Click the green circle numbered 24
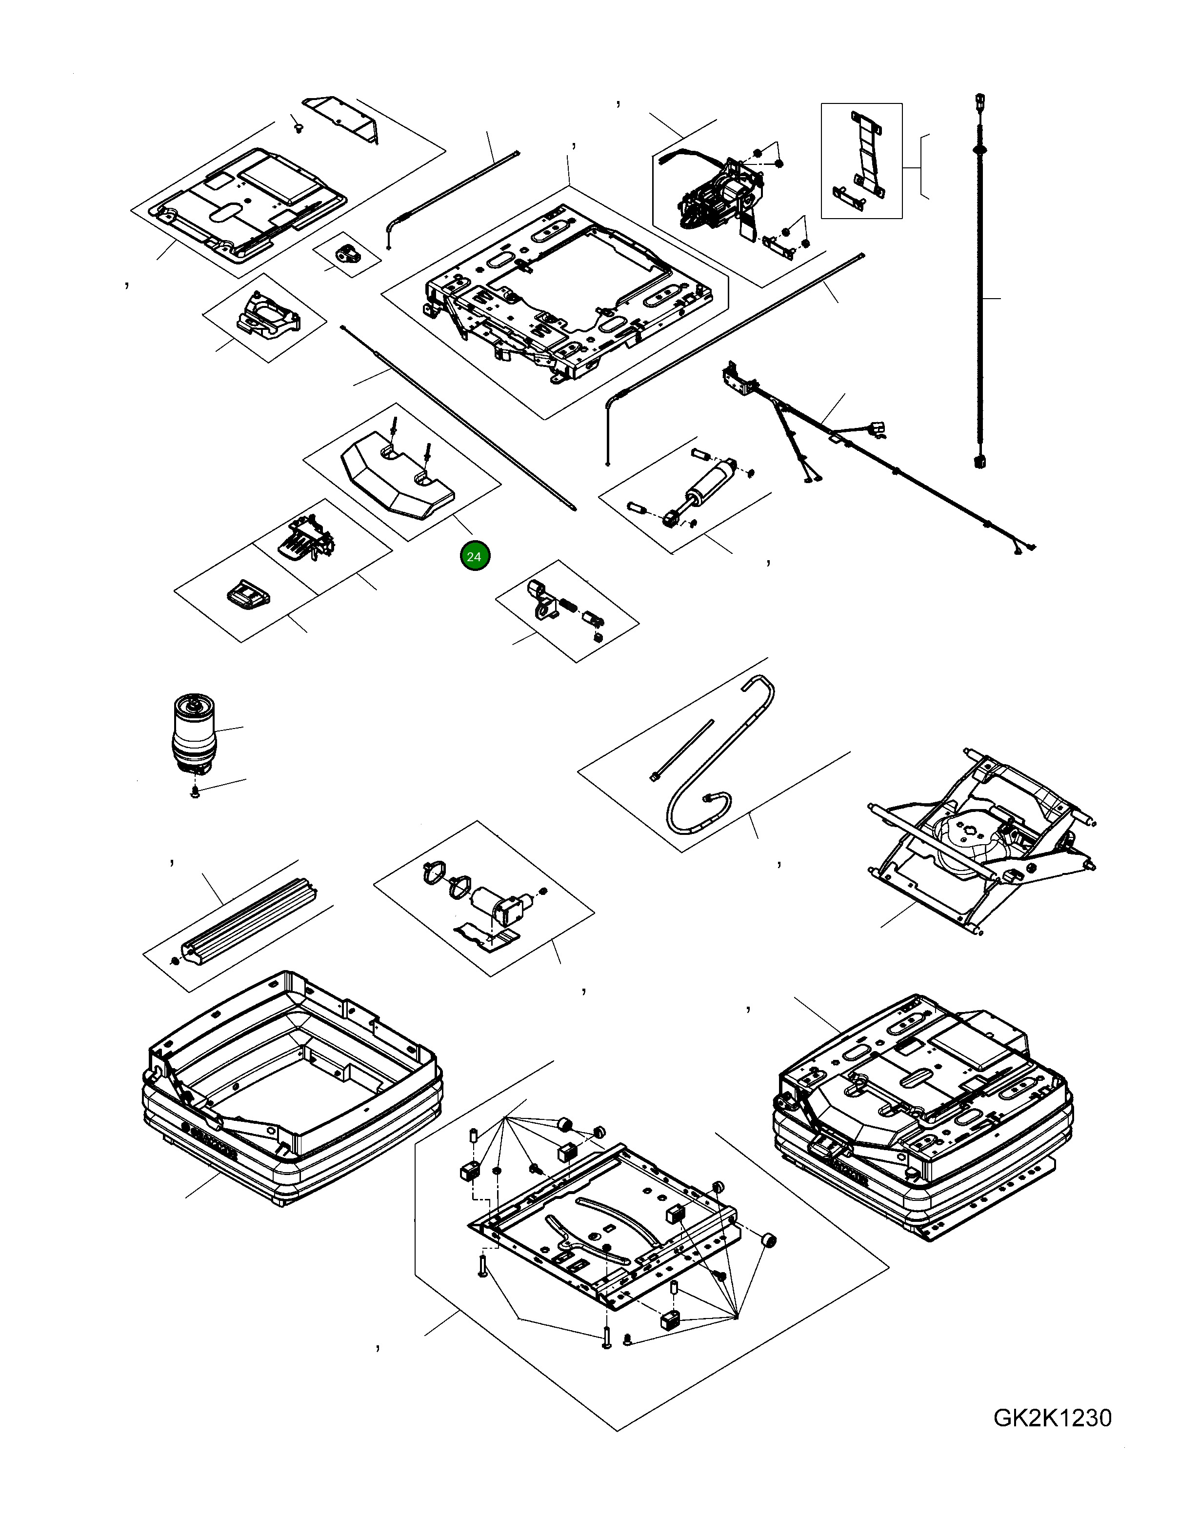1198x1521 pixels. [474, 556]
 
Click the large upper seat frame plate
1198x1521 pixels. [561, 295]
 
